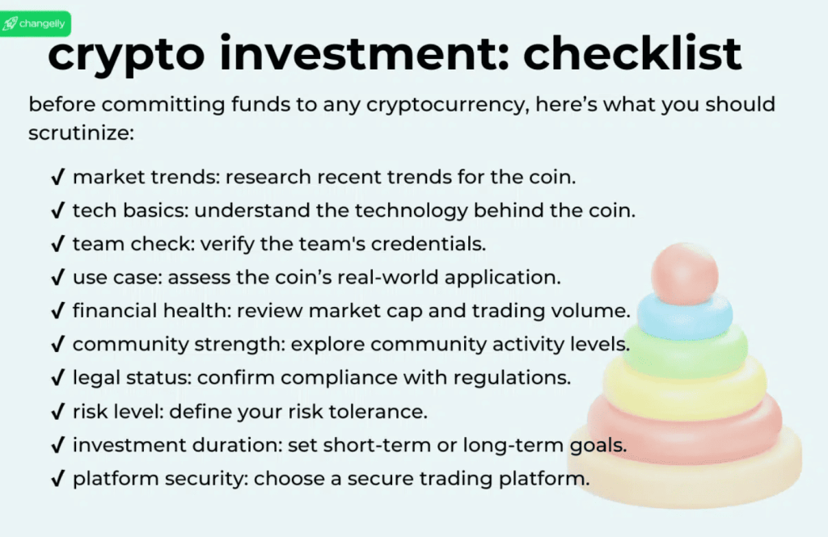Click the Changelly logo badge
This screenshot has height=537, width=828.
(x=36, y=23)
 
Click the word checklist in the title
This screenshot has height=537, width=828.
(x=632, y=55)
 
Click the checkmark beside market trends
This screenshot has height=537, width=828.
(x=57, y=177)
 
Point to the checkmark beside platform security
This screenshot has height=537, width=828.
(x=57, y=479)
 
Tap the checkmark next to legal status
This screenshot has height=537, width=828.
(x=57, y=378)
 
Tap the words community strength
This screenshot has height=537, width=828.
(x=176, y=345)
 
